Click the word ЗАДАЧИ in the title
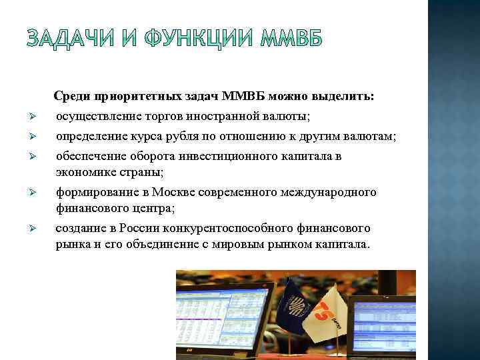coord(72,41)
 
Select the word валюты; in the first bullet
coord(289,117)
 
